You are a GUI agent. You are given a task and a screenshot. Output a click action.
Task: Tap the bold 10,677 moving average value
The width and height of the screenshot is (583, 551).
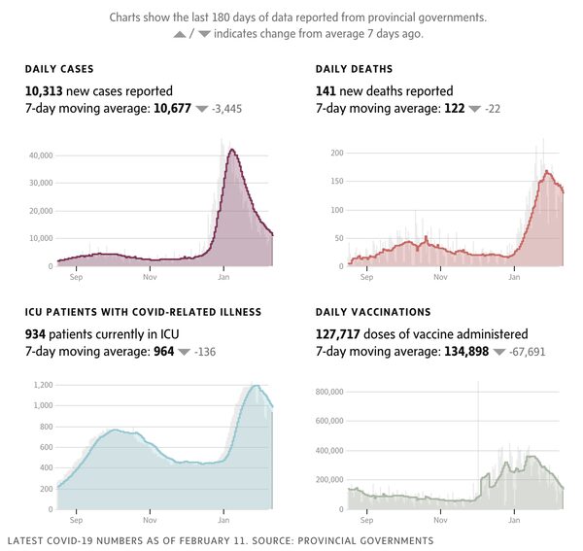[x=172, y=109]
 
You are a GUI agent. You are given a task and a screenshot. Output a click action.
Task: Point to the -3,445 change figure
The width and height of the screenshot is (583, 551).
[x=226, y=110]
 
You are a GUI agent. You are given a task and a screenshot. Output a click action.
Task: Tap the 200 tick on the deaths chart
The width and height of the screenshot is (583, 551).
[x=336, y=154]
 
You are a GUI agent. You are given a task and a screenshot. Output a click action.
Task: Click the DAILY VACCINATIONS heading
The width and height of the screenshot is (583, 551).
[x=373, y=312]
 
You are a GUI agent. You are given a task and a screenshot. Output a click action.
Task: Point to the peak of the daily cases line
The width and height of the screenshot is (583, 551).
[x=231, y=150]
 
